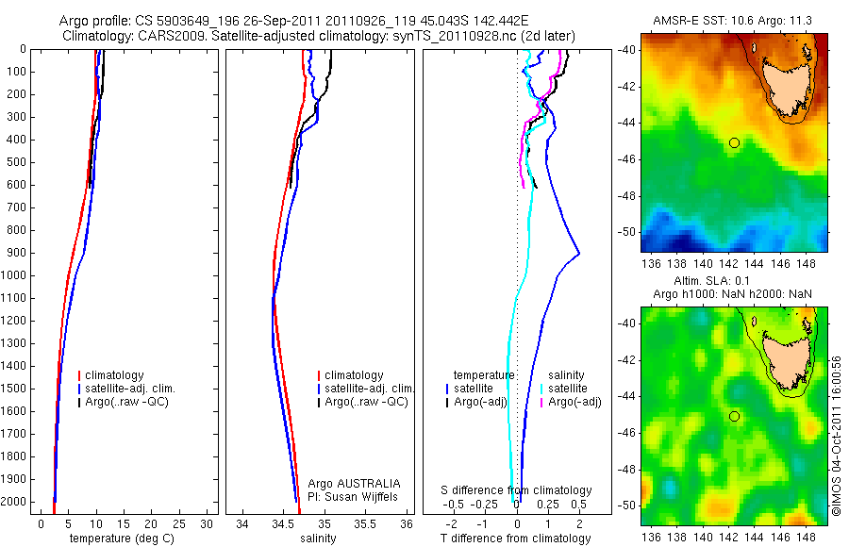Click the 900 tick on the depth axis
click(14, 253)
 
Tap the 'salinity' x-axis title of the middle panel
click(317, 539)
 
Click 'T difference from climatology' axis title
click(517, 539)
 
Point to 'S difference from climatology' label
click(517, 490)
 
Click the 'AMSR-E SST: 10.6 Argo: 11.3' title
click(735, 21)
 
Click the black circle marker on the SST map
click(734, 142)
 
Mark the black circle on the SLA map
click(734, 416)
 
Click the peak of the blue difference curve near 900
click(578, 254)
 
